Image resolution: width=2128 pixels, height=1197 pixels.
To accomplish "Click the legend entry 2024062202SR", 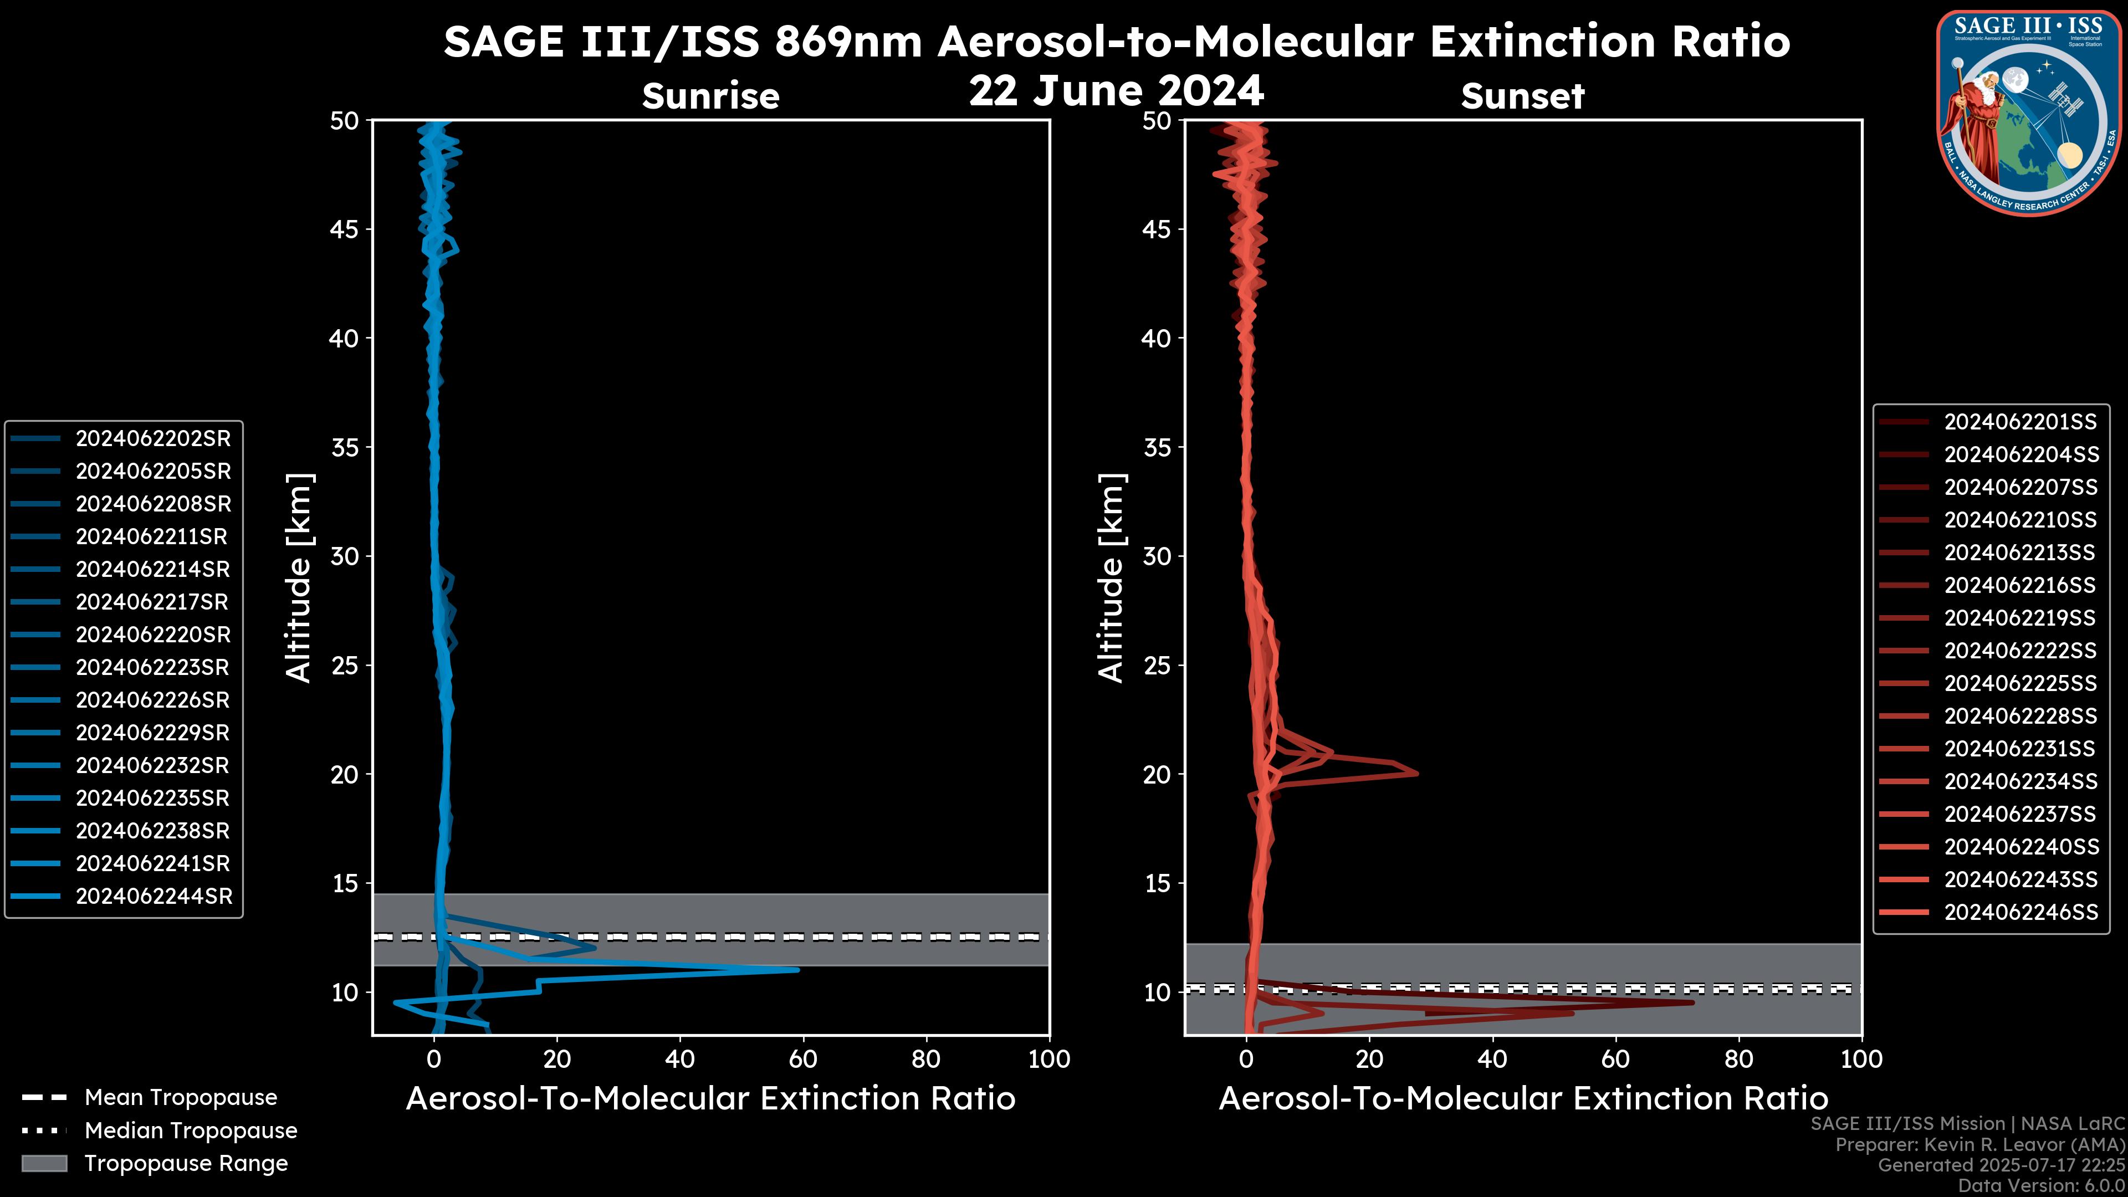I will tap(153, 439).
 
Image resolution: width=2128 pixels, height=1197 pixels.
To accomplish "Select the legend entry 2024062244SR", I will tap(154, 896).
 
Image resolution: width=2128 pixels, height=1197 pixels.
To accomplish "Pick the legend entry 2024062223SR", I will tap(153, 667).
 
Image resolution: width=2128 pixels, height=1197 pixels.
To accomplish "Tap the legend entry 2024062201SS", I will tap(2020, 422).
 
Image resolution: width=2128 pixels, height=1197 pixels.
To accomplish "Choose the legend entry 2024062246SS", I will tap(2020, 912).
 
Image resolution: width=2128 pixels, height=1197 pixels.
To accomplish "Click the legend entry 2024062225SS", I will tap(2020, 683).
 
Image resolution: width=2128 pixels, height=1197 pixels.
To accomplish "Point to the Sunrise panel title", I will tap(710, 96).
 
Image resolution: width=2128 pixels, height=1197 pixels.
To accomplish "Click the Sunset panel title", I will tap(1522, 96).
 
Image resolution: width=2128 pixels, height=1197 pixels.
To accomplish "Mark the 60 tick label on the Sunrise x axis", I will tap(803, 1059).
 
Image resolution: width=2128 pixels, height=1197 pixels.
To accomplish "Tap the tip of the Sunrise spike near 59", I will tap(798, 970).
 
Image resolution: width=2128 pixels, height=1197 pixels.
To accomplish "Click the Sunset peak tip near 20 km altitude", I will tap(1417, 773).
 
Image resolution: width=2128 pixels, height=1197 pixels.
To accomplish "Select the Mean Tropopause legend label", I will tap(181, 1098).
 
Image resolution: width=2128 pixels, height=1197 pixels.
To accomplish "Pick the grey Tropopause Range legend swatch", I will tap(44, 1163).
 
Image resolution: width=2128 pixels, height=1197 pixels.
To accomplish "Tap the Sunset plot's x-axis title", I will tap(1522, 1099).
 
